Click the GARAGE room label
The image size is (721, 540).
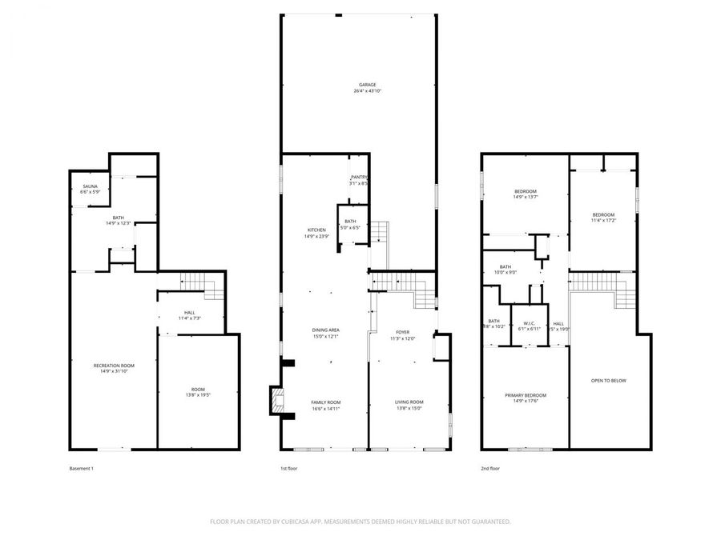click(367, 85)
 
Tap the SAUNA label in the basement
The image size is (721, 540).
click(89, 186)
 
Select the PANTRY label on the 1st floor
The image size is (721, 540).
click(359, 178)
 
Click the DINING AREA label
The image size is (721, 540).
click(326, 330)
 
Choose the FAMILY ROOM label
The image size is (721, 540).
click(326, 402)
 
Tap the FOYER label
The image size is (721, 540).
click(402, 331)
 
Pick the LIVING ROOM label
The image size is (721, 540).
click(409, 402)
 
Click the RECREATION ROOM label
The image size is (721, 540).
click(114, 365)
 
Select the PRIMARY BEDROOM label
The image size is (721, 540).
click(526, 395)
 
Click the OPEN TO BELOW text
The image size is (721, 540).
click(609, 381)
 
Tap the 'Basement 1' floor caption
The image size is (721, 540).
click(82, 468)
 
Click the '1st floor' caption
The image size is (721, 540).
click(288, 468)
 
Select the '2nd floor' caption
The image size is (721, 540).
click(490, 468)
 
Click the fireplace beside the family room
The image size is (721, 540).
click(276, 401)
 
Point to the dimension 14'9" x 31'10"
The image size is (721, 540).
click(114, 371)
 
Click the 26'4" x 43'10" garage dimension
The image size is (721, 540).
click(367, 91)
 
